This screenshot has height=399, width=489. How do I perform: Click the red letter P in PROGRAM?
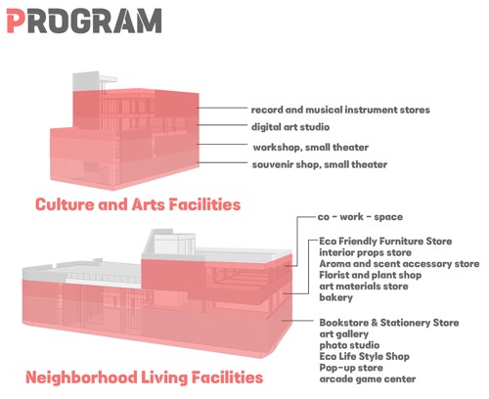point(16,21)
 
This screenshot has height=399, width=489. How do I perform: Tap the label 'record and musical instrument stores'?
point(340,110)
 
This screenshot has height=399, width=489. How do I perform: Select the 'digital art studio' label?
point(290,127)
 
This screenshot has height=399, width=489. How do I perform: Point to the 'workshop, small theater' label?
point(311,148)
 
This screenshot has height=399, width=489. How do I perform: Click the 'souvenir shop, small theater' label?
point(320,164)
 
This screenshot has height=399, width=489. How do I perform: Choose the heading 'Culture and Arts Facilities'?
point(138,204)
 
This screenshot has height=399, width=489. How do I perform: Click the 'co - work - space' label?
point(360,217)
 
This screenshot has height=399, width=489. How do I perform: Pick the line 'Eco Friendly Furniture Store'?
point(385,242)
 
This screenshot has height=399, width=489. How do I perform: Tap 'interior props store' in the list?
point(365,252)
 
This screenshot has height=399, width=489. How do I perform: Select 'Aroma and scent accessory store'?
point(399,264)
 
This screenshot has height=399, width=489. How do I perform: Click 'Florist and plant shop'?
point(370,275)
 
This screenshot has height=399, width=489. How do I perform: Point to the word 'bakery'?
point(335,297)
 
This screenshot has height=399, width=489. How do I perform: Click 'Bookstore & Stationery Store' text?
point(389,323)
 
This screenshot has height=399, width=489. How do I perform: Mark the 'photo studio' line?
point(349,345)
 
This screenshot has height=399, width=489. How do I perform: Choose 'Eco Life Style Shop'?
point(364,356)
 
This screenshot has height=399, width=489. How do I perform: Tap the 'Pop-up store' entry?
point(351,368)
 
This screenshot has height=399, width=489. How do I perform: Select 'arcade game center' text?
point(368,379)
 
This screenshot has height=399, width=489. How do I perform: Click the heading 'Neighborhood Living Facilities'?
point(144,377)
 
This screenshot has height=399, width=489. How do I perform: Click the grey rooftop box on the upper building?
point(85,81)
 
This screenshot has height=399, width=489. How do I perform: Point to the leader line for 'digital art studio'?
point(222,125)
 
